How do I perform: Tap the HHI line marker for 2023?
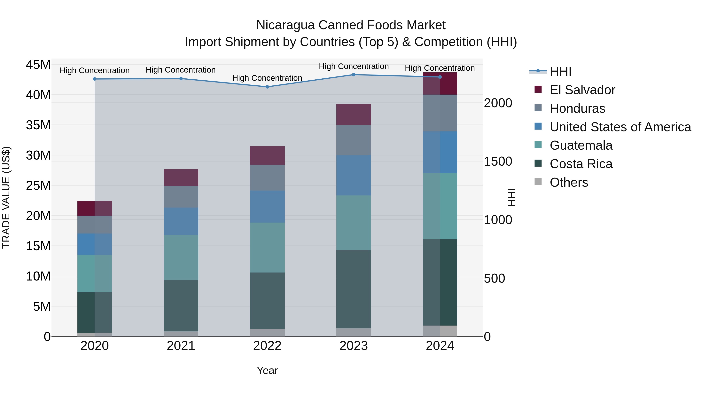pyautogui.click(x=354, y=75)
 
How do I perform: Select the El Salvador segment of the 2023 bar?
pyautogui.click(x=354, y=115)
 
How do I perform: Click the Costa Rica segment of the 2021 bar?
pyautogui.click(x=181, y=306)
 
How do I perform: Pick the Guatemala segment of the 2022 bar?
pyautogui.click(x=267, y=248)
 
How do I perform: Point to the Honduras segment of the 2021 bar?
pyautogui.click(x=181, y=197)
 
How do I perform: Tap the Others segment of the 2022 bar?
pyautogui.click(x=267, y=333)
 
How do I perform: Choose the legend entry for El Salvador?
pyautogui.click(x=582, y=90)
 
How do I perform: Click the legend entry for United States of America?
pyautogui.click(x=620, y=127)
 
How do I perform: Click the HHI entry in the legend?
pyautogui.click(x=560, y=71)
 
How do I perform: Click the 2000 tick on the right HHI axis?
pyautogui.click(x=498, y=103)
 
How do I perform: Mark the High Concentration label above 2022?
pyautogui.click(x=267, y=78)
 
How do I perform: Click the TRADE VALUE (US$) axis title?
pyautogui.click(x=6, y=197)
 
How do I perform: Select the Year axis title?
pyautogui.click(x=267, y=370)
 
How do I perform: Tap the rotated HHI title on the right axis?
pyautogui.click(x=512, y=197)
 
